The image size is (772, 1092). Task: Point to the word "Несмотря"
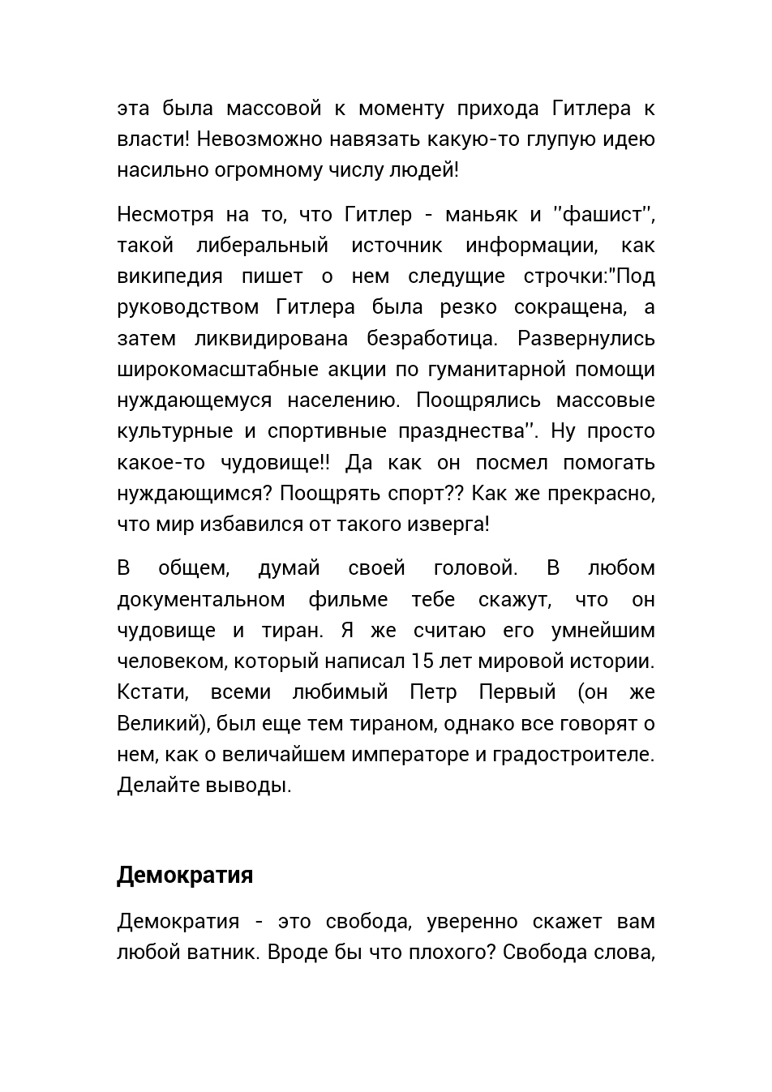coord(165,214)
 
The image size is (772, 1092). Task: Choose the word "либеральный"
coord(262,245)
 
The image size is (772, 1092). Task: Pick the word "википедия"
coord(169,276)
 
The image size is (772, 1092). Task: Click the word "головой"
coord(475,567)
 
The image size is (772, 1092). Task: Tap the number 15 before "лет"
coord(422,661)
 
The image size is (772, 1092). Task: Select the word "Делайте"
coord(157,786)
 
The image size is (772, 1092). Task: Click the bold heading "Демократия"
coord(185,875)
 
